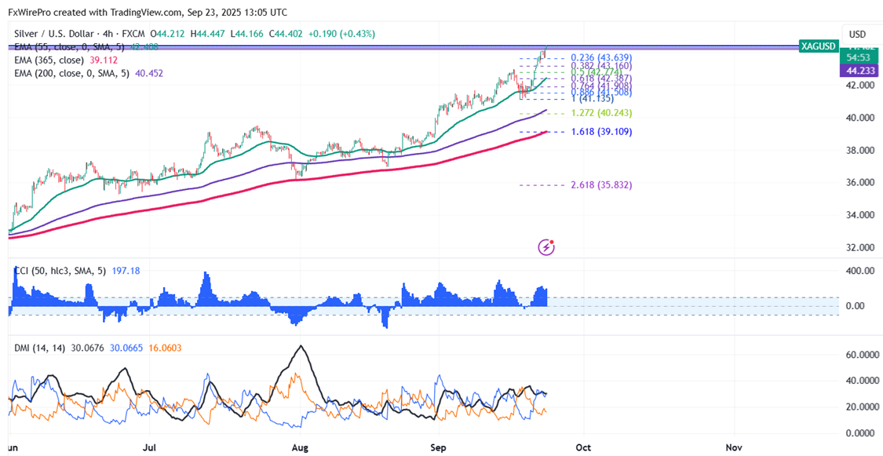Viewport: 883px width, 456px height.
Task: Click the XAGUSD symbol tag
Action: tap(817, 46)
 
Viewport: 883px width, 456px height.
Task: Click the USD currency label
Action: tap(857, 35)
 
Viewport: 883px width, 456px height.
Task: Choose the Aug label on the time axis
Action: tap(299, 447)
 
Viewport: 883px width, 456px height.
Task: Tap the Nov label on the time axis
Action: tap(735, 447)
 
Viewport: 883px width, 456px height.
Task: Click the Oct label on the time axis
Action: tap(582, 447)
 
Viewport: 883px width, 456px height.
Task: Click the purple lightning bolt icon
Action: tap(547, 248)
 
